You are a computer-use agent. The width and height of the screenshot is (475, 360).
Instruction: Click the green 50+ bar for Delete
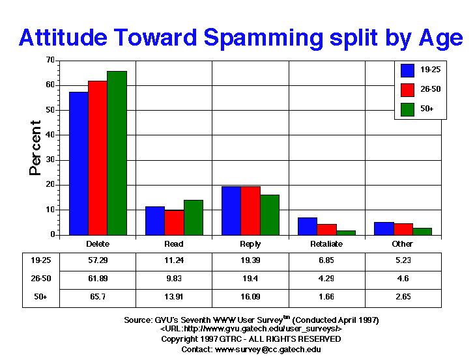tap(117, 153)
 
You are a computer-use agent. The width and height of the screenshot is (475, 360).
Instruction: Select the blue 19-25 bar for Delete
tap(79, 163)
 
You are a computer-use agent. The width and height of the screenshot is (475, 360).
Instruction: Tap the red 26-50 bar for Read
tap(174, 223)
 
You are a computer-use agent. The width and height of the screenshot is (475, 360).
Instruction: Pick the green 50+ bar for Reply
tap(270, 215)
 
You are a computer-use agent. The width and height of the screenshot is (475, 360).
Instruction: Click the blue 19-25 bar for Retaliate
tap(308, 227)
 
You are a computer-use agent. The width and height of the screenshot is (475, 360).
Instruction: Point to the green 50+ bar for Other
tap(422, 232)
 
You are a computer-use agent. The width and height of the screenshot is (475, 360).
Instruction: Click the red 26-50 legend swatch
tap(407, 90)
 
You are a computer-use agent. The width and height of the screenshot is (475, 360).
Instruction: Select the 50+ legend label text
tap(427, 109)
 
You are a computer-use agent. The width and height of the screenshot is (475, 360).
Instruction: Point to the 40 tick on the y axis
tap(57, 135)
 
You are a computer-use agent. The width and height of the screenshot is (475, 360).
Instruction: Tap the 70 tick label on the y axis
tap(50, 60)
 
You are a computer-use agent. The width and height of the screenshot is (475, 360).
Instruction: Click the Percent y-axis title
tap(35, 148)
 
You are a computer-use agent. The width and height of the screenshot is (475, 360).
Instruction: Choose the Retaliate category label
tap(326, 244)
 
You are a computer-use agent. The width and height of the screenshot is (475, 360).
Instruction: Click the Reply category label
tap(250, 244)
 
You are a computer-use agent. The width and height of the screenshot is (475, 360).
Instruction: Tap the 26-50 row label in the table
tap(41, 279)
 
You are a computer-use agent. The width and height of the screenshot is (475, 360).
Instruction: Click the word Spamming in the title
tap(263, 38)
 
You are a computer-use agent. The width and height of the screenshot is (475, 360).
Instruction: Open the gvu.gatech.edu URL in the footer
tap(251, 329)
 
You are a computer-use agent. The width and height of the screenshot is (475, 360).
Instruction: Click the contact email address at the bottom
tap(268, 350)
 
